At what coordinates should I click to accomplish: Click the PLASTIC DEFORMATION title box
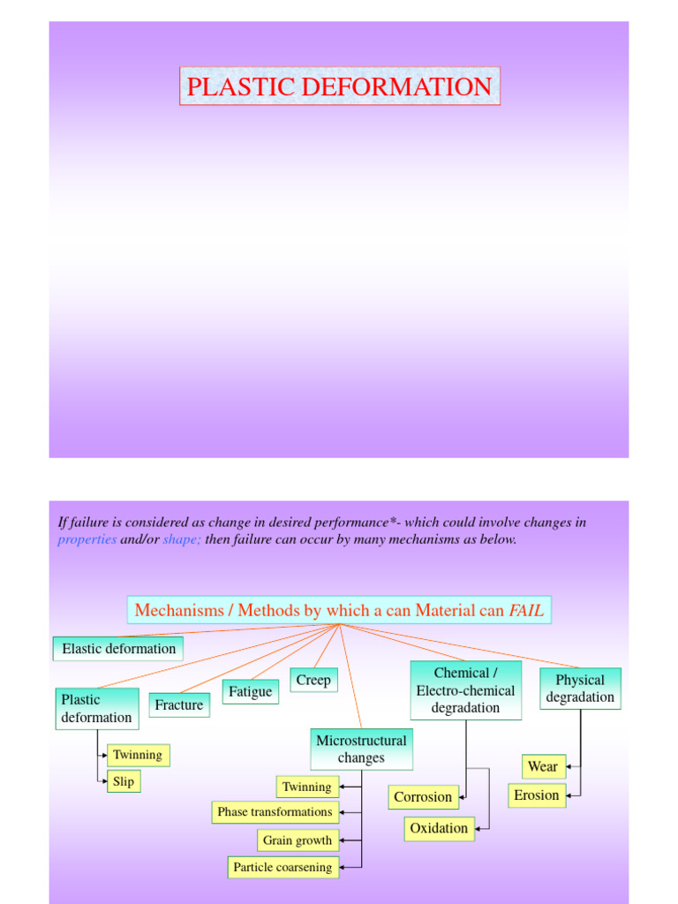340,87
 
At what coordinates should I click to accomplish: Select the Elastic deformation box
118,649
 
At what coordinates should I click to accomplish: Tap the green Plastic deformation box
96,709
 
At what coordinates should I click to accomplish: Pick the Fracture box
179,704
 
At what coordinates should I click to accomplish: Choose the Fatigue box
250,691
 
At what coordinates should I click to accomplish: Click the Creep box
313,680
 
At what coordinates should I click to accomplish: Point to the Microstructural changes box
361,749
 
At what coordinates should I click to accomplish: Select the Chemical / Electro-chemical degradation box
465,690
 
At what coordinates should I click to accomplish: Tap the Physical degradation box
580,689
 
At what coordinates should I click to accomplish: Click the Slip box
123,781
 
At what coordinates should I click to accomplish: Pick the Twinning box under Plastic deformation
137,755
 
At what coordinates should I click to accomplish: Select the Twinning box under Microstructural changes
306,787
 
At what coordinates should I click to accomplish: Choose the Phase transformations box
275,812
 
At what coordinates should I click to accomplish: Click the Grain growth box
298,840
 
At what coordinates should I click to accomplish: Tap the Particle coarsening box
282,867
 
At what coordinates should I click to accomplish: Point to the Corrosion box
423,796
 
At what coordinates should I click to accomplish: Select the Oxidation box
439,828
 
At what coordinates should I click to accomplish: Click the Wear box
543,766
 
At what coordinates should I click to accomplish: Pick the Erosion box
537,795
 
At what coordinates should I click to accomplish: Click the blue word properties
87,539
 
